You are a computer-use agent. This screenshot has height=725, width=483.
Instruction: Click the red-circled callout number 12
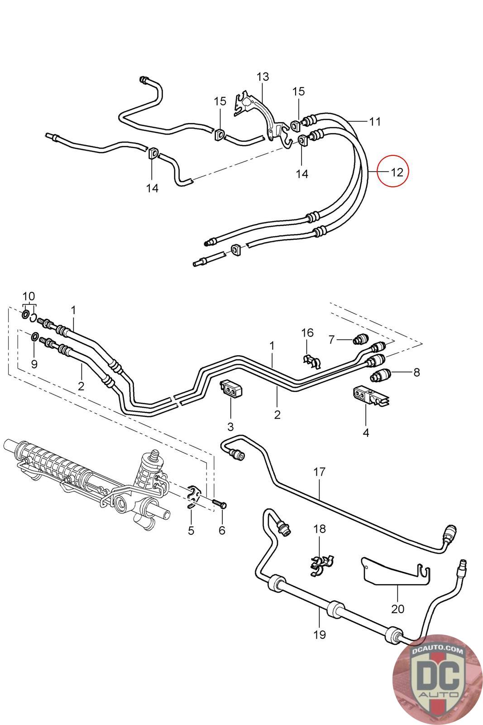(396, 172)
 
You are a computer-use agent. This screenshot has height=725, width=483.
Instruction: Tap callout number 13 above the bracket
(263, 77)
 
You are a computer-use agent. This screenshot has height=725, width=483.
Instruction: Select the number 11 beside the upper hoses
(374, 121)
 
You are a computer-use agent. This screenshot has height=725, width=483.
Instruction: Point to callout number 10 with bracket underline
(28, 296)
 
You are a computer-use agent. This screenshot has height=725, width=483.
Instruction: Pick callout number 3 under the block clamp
(230, 426)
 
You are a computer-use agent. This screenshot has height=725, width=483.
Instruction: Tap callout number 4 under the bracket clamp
(366, 432)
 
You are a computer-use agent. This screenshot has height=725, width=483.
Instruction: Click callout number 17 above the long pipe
(319, 472)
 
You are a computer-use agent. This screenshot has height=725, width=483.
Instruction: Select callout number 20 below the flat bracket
(397, 609)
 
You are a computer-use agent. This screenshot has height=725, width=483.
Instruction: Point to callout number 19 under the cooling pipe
(319, 634)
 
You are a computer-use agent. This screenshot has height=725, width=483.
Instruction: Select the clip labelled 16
(312, 360)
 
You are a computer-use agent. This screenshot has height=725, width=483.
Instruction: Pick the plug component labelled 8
(380, 375)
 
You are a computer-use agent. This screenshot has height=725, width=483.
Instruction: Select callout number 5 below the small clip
(191, 530)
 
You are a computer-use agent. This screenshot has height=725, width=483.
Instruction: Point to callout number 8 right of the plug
(416, 372)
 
